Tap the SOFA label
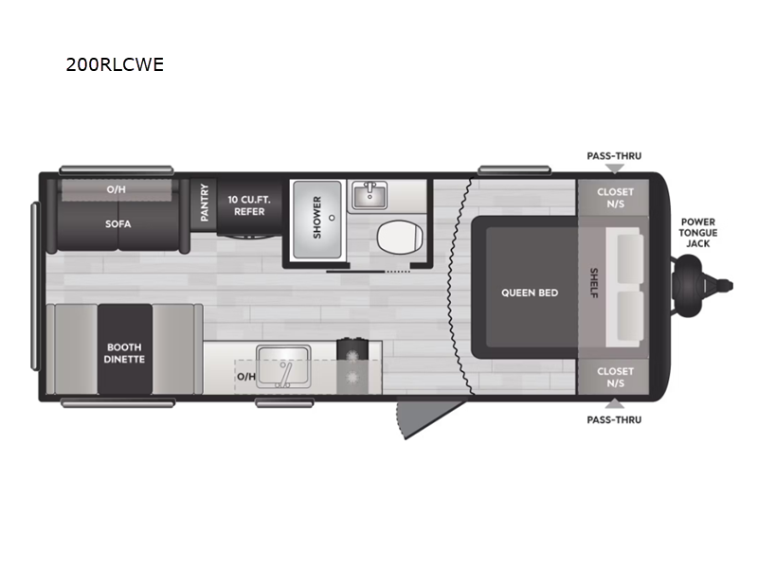click(x=117, y=224)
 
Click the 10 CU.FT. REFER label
click(x=245, y=205)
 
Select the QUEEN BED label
click(x=530, y=293)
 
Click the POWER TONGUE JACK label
click(x=699, y=233)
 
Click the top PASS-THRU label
click(x=614, y=155)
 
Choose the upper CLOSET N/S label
click(x=615, y=198)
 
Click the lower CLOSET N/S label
click(x=615, y=377)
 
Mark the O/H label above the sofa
click(x=116, y=189)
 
